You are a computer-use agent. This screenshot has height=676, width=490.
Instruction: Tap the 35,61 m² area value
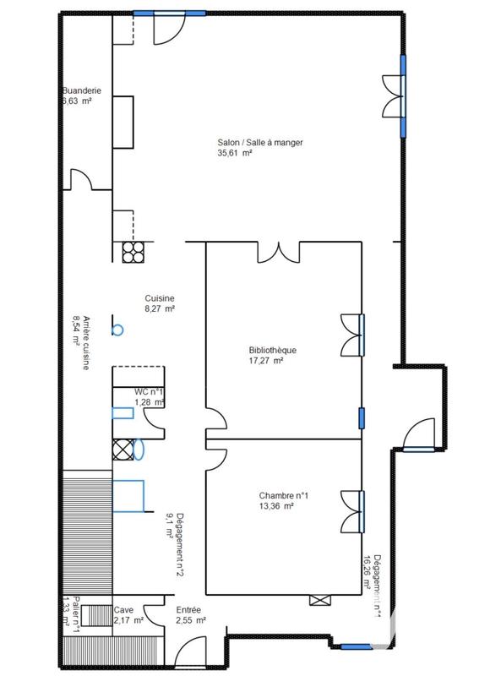point(236,154)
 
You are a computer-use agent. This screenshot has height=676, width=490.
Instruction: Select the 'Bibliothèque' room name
point(272,350)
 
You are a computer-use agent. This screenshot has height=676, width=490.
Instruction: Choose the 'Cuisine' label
point(160,298)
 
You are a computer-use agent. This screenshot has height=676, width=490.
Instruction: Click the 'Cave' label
point(123,609)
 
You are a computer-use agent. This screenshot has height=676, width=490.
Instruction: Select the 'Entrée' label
point(188,609)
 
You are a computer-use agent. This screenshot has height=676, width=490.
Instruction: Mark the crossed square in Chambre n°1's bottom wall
point(319,600)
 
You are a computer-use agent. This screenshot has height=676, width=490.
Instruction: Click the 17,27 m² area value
point(265,361)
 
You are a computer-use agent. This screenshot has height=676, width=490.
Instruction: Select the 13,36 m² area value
point(276,507)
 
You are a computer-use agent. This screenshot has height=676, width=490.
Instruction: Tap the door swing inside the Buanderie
point(80,180)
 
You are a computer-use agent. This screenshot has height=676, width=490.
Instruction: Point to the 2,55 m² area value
point(191,620)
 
